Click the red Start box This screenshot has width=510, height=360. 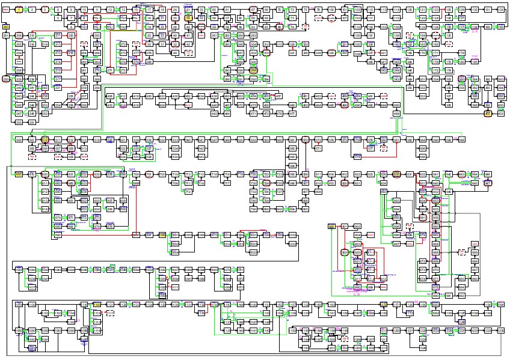(x=6, y=10)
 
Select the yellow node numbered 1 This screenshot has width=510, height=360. (x=19, y=10)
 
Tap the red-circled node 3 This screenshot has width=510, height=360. (x=45, y=10)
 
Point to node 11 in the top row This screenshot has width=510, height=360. (x=97, y=10)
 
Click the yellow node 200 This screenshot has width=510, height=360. (x=6, y=27)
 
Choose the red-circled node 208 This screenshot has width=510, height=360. (x=19, y=36)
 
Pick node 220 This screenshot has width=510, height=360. (x=71, y=36)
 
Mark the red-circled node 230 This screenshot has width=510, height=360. (x=6, y=79)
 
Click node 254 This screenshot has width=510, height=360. (x=45, y=105)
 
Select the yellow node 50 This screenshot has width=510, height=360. (x=188, y=18)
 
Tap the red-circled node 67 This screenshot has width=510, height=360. (x=253, y=10)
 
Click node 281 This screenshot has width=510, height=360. (x=215, y=36)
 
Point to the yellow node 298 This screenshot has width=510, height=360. (x=253, y=70)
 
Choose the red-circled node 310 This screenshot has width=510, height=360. (x=266, y=53)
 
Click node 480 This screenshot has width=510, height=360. (x=292, y=105)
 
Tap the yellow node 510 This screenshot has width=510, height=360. (x=45, y=140)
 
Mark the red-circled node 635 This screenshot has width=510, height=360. (x=97, y=174)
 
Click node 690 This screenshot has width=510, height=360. (x=396, y=174)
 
